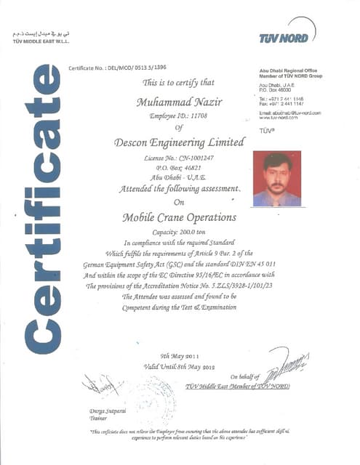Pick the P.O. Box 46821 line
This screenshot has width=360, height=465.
point(172,166)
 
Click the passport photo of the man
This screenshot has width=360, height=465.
point(276,179)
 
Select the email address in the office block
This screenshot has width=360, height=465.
point(289,113)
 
